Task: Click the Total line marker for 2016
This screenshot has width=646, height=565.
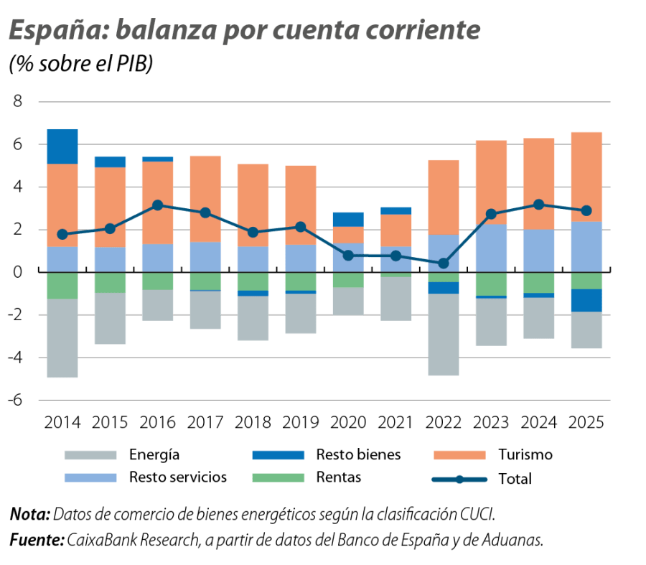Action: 157,205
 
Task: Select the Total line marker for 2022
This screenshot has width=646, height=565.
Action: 444,263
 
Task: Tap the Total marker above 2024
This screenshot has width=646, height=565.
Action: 539,205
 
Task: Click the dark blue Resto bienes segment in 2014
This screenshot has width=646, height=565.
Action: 62,146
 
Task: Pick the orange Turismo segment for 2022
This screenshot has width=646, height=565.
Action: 444,197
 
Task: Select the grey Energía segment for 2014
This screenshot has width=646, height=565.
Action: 62,338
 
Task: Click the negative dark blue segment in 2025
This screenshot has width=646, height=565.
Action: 586,300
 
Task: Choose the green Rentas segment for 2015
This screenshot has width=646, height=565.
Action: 110,283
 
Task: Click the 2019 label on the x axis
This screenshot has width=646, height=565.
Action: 300,422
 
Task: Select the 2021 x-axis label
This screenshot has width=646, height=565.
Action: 395,422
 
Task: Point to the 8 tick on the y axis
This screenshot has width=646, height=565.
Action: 18,102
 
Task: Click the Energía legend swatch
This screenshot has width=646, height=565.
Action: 90,455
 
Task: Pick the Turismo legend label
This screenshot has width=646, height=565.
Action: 525,455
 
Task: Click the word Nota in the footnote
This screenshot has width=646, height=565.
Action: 29,515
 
